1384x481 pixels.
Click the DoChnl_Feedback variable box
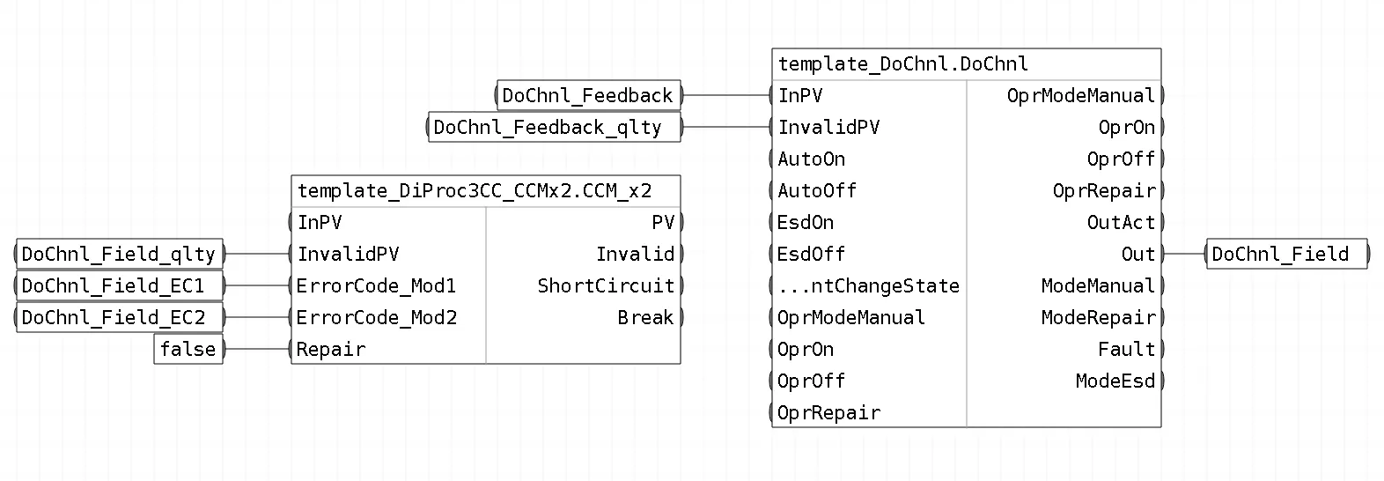[x=589, y=95]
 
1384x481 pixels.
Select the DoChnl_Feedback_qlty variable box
[x=555, y=127]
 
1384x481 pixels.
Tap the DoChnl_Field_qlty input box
[x=119, y=254]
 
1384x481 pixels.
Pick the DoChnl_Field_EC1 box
[x=119, y=285]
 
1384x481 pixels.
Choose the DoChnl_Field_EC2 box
[x=119, y=317]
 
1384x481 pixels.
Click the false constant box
[x=188, y=349]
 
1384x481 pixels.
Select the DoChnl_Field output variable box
[x=1286, y=254]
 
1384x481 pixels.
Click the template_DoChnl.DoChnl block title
[x=902, y=63]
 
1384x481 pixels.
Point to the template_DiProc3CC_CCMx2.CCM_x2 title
[x=474, y=190]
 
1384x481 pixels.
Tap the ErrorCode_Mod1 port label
[x=376, y=285]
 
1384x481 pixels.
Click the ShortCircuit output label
[x=606, y=285]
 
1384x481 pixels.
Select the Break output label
[x=645, y=317]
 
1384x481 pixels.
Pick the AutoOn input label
[x=811, y=159]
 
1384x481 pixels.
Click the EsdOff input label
[x=811, y=254]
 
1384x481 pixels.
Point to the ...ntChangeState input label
[x=868, y=285]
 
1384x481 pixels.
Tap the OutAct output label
[x=1121, y=222]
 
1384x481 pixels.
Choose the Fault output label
[x=1126, y=349]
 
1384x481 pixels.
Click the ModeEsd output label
[x=1115, y=381]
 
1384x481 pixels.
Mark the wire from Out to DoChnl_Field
[x=1184, y=254]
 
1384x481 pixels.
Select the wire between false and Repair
[x=256, y=349]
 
